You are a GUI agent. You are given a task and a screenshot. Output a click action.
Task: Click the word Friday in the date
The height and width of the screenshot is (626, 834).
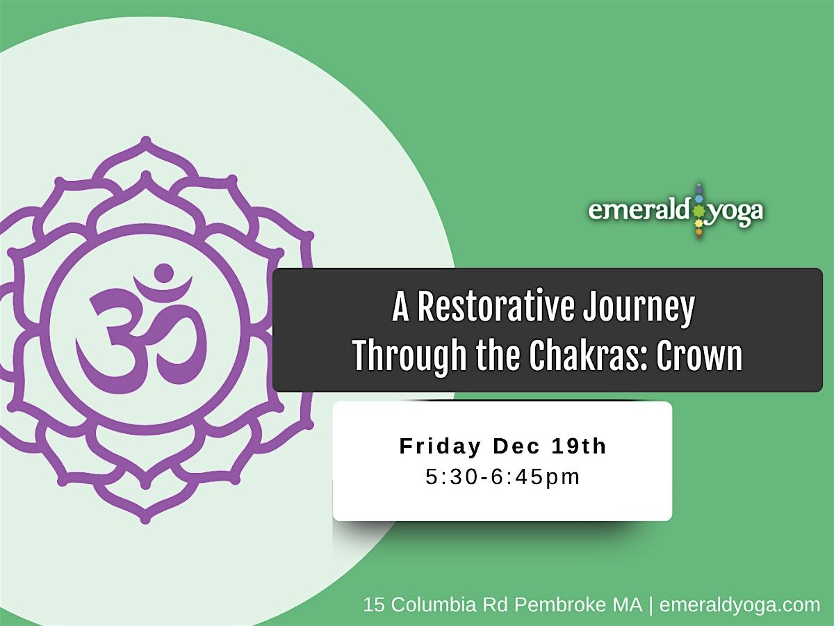coord(441,447)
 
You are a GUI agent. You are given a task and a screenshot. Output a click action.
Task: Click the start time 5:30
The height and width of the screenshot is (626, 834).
coord(451,477)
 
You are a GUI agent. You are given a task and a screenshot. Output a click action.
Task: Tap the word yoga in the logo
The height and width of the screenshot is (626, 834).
coord(735,214)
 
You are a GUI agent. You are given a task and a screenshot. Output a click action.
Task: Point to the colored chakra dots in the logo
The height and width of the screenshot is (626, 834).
coord(699,211)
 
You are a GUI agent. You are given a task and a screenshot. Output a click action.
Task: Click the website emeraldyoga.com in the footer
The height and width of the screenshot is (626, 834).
coord(739,605)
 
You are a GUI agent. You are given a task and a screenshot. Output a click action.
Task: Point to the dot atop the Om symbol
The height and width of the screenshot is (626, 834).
coord(164,272)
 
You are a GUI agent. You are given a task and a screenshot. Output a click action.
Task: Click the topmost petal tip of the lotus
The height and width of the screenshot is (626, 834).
coord(147,140)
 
